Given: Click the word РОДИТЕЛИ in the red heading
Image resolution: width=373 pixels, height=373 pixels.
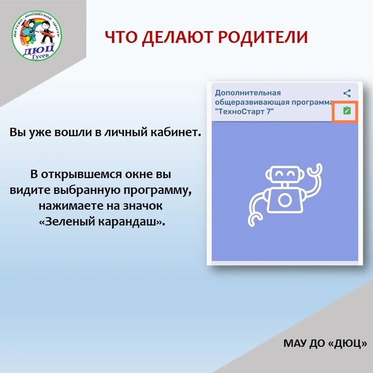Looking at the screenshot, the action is coord(263,37).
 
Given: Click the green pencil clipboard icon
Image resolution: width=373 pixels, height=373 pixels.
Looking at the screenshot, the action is coord(347,111).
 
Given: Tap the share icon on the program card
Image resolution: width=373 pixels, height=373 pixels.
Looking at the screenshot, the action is coord(347,93).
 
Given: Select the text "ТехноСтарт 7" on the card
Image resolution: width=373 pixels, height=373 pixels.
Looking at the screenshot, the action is coord(245,112).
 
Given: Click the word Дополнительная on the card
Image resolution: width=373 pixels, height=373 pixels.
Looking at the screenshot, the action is coord(248,93).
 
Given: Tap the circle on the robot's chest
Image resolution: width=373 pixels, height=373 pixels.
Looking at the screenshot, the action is coord(285,200).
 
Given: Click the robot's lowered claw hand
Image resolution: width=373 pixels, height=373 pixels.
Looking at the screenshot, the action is coord(254,220).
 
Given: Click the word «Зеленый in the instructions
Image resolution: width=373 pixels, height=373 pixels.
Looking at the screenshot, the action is coord(67,222).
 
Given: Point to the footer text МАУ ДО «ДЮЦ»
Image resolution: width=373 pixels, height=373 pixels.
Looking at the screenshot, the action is coord(325,343).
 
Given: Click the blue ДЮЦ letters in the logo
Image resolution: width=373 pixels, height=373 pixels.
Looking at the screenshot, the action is coord(38,50).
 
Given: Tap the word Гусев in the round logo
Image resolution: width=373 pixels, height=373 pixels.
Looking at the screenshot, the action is coord(40,56).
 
